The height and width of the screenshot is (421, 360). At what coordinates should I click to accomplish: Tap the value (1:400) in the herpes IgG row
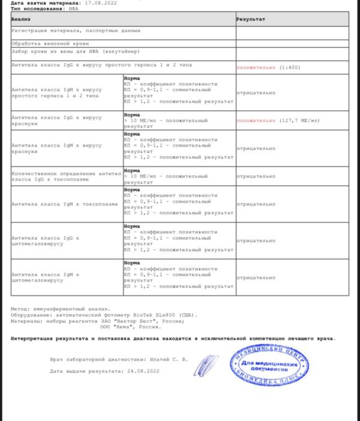(289, 68)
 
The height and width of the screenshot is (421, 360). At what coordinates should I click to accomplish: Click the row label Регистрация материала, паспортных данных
(76, 30)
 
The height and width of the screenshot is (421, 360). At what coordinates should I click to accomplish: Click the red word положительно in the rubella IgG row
(256, 121)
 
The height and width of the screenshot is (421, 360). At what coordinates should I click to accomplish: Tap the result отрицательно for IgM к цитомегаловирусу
(256, 277)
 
